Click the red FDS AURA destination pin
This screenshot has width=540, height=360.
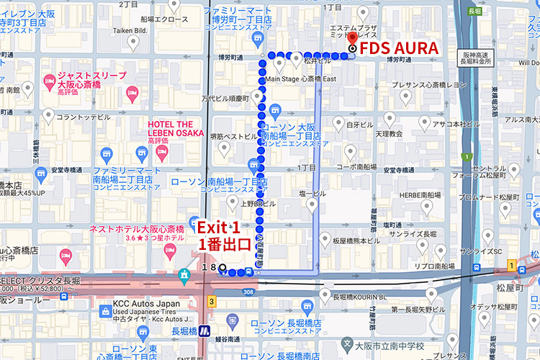click(352, 41)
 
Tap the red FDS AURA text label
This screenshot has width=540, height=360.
click(399, 49)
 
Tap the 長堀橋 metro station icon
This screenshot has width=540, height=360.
click(204, 331)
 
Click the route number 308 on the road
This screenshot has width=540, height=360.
click(249, 292)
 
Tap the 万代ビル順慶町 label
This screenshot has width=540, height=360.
click(225, 98)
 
